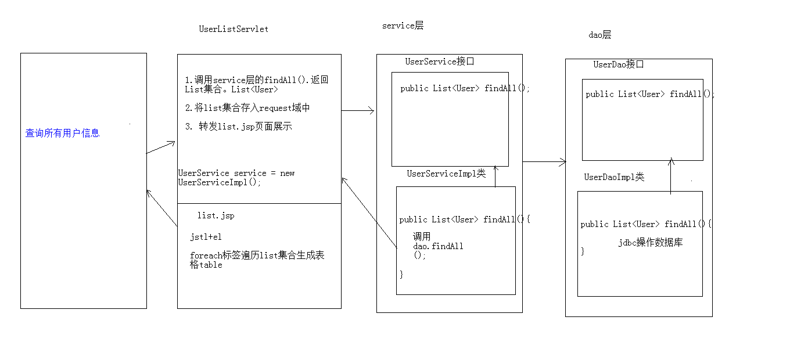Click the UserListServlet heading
click(234, 29)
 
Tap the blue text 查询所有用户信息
click(63, 134)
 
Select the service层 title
click(403, 26)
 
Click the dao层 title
click(599, 35)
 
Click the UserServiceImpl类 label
click(446, 174)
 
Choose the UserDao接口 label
click(619, 64)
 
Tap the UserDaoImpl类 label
click(614, 177)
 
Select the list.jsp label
click(216, 215)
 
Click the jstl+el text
click(206, 237)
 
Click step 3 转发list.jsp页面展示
click(238, 127)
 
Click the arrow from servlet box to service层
click(358, 110)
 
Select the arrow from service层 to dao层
click(544, 162)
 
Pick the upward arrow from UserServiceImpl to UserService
click(495, 176)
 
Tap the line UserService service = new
click(236, 173)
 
